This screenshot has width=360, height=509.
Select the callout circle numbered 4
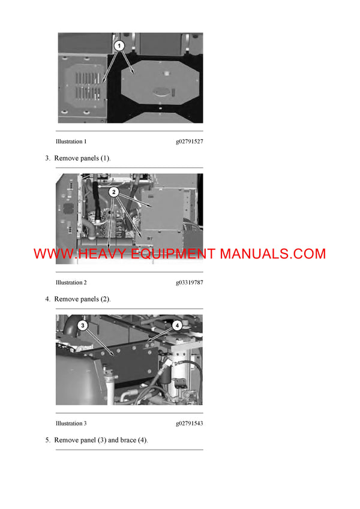tap(177, 326)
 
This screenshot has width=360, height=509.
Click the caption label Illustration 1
tap(71, 142)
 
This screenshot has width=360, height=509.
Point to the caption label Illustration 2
tap(71, 282)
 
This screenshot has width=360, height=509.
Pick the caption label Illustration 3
tap(71, 423)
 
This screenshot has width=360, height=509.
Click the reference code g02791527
tap(189, 142)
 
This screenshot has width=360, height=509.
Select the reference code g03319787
tap(189, 282)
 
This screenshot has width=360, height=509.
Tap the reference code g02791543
tap(189, 423)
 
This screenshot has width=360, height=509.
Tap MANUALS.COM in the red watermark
tap(272, 254)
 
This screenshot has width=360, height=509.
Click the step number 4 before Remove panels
tap(47, 299)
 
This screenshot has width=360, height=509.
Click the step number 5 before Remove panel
tap(47, 440)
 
